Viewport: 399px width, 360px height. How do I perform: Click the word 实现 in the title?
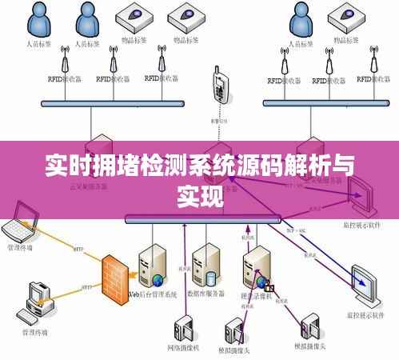(199, 194)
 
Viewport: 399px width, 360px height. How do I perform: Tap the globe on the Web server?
(158, 279)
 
